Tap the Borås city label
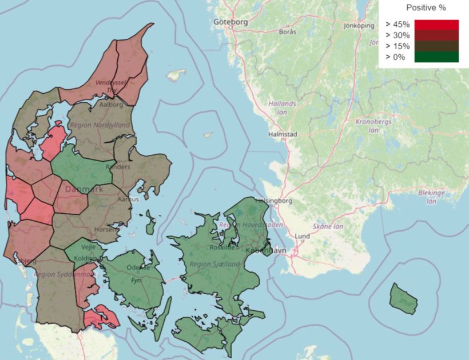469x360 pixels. pos(287,32)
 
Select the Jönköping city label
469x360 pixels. pos(359,26)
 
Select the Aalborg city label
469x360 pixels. pos(112,105)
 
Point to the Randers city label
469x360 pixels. pos(122,167)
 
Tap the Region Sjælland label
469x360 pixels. pos(215,264)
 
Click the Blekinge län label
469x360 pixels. pos(431,197)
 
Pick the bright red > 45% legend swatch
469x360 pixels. pos(436,25)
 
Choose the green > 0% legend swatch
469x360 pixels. pos(436,57)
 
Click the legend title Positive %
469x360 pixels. pos(426,8)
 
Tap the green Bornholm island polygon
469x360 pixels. pos(403,298)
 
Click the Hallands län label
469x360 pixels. pos(283,108)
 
